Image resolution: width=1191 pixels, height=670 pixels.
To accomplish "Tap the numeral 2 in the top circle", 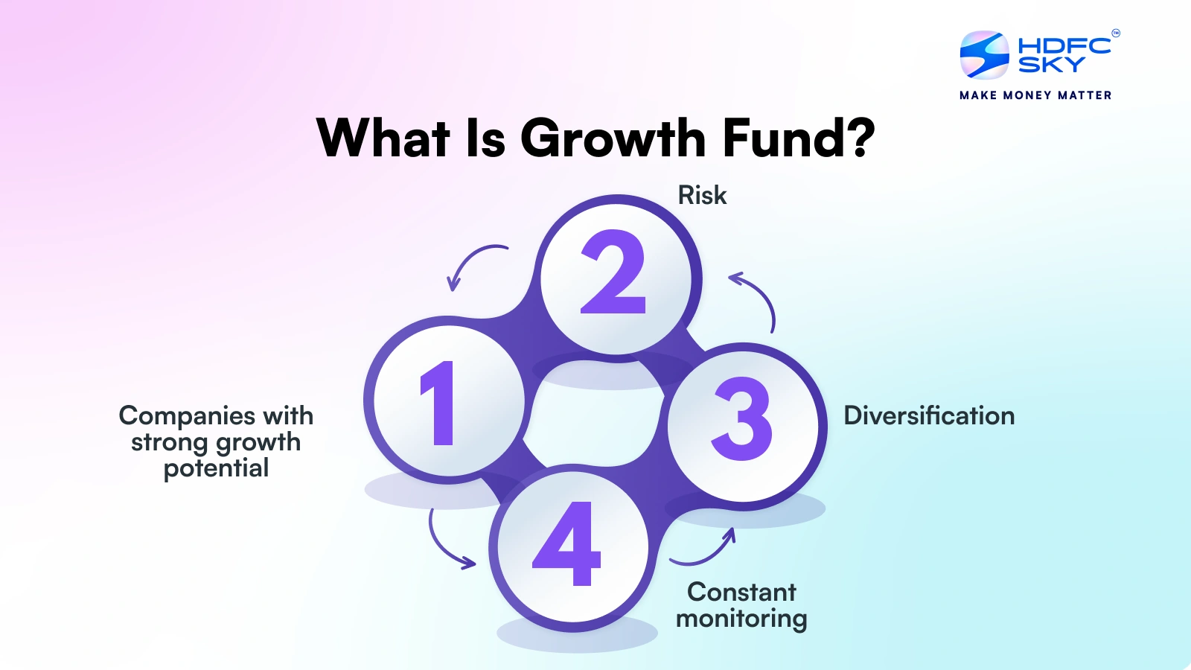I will (x=613, y=272).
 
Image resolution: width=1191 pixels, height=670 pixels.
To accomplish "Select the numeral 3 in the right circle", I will (x=742, y=419).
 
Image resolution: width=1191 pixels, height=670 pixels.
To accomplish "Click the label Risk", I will (x=702, y=195).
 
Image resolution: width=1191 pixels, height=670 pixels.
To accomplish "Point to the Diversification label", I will (x=929, y=415).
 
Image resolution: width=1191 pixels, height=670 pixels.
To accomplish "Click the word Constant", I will (x=741, y=592).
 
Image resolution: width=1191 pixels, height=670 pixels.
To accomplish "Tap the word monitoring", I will (x=741, y=619).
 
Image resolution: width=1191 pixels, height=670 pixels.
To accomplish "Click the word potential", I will (x=216, y=468).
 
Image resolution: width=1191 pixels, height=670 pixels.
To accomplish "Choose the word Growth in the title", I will (x=613, y=138).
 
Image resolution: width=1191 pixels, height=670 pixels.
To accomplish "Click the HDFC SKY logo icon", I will (x=984, y=55).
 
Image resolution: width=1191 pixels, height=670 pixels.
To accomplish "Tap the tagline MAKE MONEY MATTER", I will (x=1035, y=95).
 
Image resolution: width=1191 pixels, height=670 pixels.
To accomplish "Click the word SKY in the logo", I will (x=1051, y=66).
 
